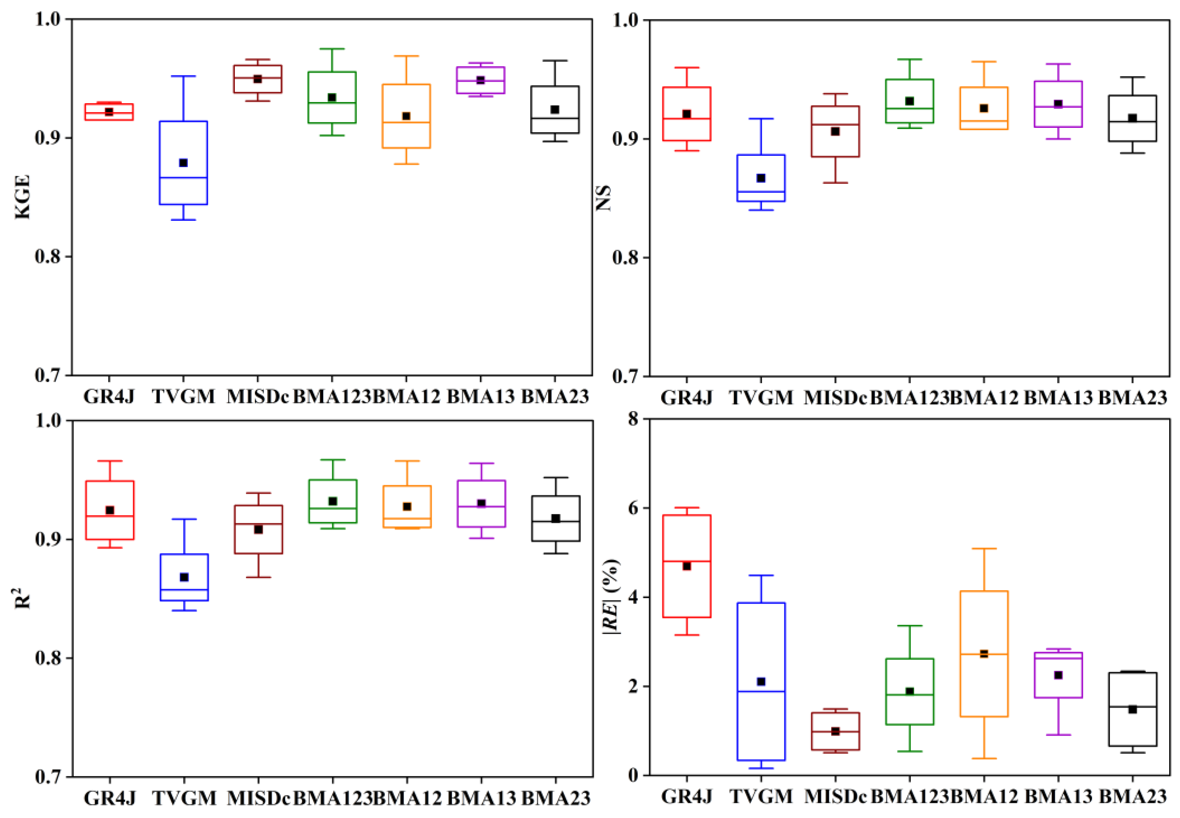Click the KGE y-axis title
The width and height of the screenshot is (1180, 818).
tap(23, 197)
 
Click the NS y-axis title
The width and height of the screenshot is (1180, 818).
tap(604, 198)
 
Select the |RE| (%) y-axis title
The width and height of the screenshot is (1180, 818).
tap(610, 597)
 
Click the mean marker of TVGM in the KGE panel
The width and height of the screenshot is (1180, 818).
tap(183, 163)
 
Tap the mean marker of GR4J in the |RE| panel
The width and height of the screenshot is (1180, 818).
tap(687, 566)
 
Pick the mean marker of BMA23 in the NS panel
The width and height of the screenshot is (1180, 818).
tap(1132, 119)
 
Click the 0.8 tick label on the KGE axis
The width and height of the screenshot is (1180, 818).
tap(48, 256)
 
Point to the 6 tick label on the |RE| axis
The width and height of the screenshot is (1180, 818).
tap(634, 508)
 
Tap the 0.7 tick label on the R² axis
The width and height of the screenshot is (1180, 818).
tap(48, 777)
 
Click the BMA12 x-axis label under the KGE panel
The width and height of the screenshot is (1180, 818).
tap(407, 396)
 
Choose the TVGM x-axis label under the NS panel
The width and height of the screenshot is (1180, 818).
tap(761, 397)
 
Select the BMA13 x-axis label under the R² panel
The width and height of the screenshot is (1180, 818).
tap(481, 798)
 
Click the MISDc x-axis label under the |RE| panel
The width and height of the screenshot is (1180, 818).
tap(835, 796)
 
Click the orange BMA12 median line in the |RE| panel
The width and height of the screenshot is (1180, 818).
tap(984, 654)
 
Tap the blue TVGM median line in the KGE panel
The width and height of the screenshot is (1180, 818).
tap(183, 177)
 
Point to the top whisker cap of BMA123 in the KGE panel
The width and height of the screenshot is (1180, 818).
tap(332, 49)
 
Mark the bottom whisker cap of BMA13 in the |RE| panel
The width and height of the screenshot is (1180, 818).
tap(1058, 735)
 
